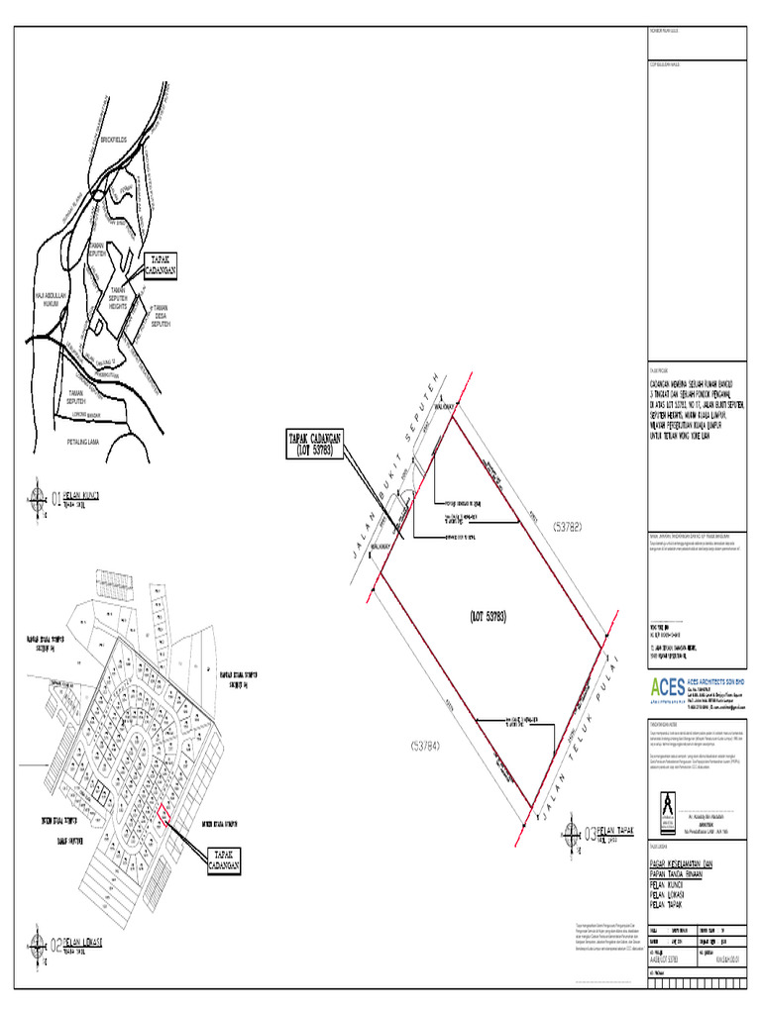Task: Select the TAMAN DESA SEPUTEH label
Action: tap(163, 316)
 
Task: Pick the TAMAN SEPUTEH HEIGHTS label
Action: tap(117, 300)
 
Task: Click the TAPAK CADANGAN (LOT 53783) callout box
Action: tap(315, 444)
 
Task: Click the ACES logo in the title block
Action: tap(663, 687)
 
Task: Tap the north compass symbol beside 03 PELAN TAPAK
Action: tap(572, 831)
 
